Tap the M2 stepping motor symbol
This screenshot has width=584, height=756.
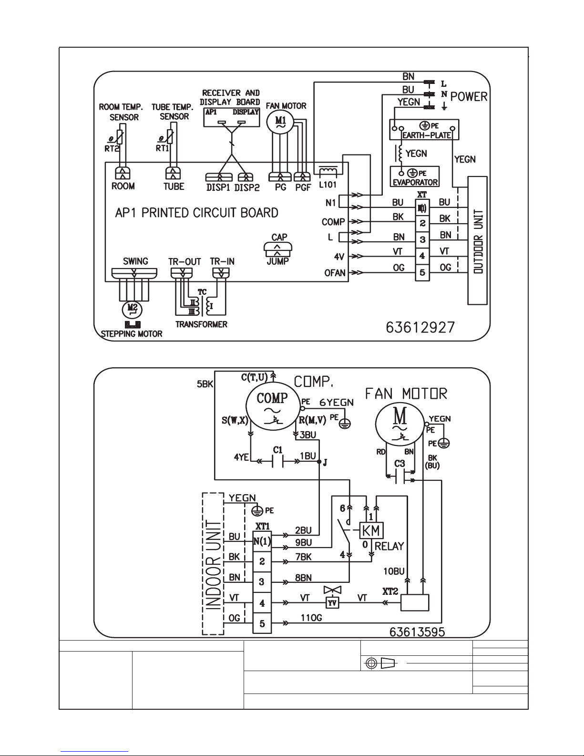[132, 309]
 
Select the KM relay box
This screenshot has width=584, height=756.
[371, 530]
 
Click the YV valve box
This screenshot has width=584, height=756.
[332, 602]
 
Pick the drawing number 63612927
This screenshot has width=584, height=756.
[420, 327]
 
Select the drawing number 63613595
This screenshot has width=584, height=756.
[417, 632]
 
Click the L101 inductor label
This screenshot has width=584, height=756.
[328, 185]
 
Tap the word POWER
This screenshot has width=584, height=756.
[469, 96]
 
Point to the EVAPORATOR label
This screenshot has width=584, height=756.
[415, 182]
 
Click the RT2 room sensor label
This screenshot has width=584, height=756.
[112, 149]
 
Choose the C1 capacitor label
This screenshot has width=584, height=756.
[278, 450]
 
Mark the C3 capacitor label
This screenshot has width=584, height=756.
[400, 464]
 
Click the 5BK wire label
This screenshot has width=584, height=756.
[205, 384]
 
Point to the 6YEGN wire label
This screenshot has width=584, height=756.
[337, 403]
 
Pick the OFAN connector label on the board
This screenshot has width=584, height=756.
[335, 273]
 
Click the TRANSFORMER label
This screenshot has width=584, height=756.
[201, 324]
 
